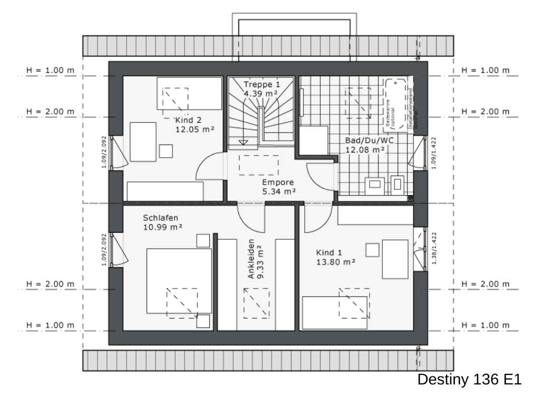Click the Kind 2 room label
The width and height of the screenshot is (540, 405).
188,120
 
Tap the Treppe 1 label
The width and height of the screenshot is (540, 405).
261,84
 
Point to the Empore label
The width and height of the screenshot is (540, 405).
278,182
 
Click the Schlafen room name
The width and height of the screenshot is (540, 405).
160,218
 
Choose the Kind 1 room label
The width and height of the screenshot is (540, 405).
330,252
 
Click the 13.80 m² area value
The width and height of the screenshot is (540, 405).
335,261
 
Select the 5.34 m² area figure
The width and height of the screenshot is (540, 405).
279,191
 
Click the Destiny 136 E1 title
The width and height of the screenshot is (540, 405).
469,380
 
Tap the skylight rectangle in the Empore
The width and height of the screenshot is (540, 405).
258,165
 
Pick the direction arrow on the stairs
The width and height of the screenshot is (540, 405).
244,142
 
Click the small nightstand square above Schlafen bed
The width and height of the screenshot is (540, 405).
203,240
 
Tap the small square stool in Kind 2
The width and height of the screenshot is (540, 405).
167,151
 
